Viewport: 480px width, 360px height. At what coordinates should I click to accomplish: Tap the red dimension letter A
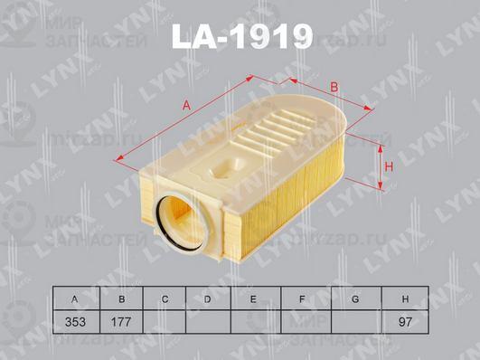(187, 106)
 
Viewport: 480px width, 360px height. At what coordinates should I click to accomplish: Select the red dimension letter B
(334, 87)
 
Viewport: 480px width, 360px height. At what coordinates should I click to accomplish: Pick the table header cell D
(208, 298)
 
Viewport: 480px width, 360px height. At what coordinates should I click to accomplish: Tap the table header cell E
(253, 298)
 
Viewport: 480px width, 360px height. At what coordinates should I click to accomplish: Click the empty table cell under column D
(208, 321)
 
